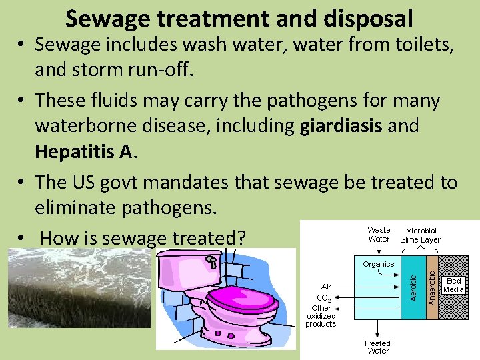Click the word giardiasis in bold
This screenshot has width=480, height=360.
pos(341,126)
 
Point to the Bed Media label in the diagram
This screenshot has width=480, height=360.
pos(453,285)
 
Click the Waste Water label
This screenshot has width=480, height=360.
pos(379,234)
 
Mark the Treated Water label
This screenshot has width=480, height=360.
pos(377,347)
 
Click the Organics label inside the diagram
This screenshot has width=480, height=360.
pos(378,264)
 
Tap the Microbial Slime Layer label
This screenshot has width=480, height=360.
pos(420,235)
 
